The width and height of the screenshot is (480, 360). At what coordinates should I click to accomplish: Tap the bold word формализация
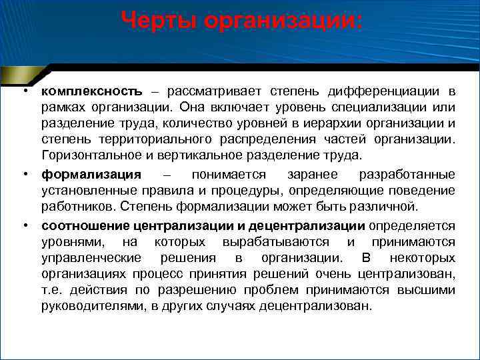coord(91,174)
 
